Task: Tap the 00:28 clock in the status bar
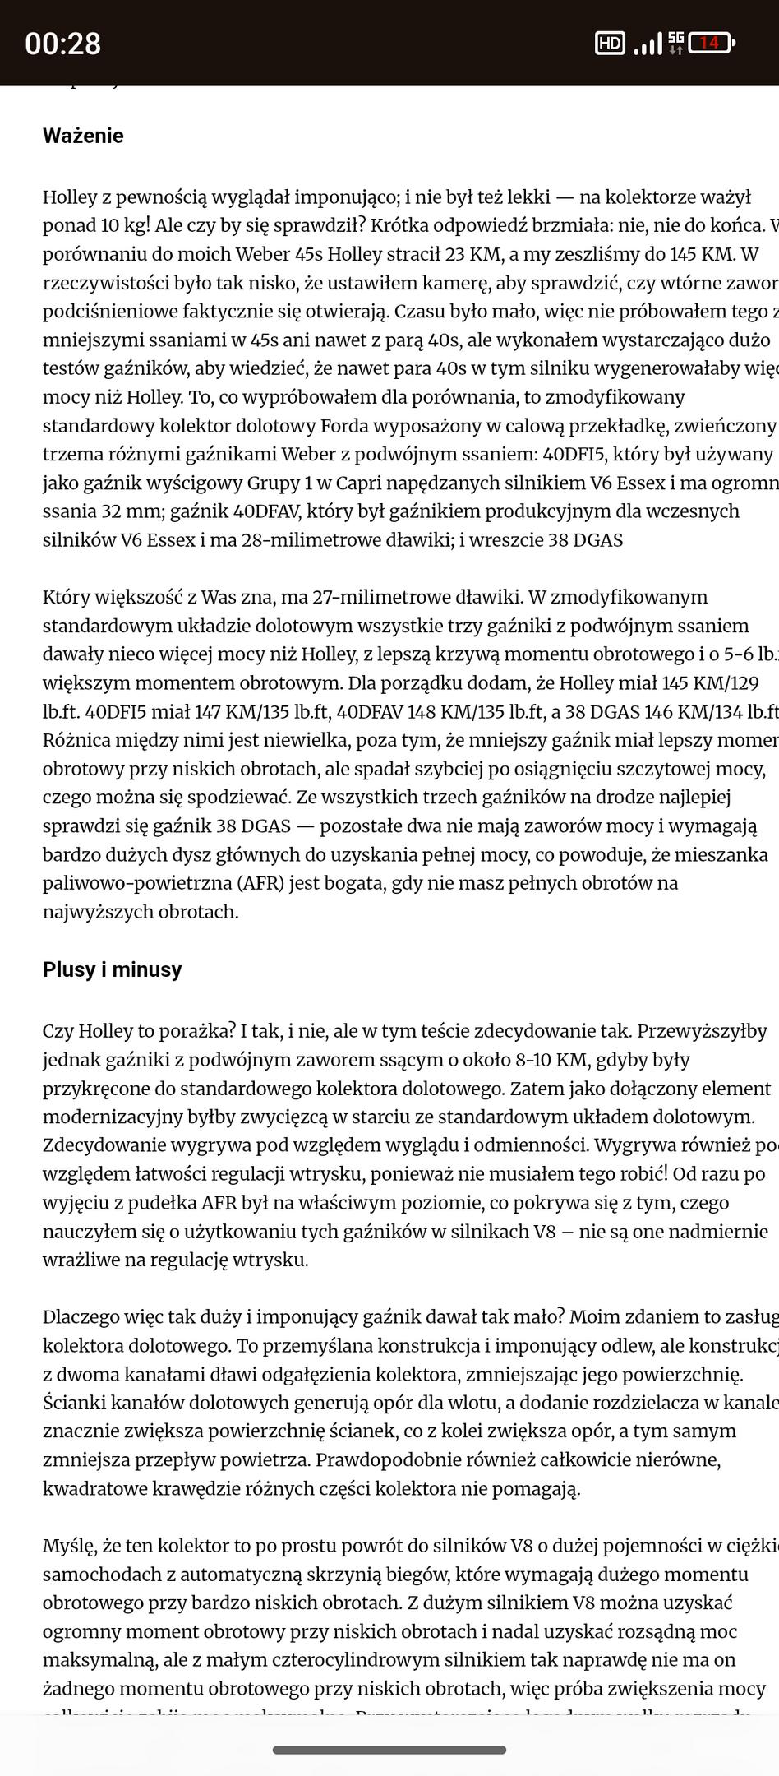coord(62,44)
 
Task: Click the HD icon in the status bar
coord(609,44)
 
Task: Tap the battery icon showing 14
coord(711,43)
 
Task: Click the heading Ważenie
coord(83,136)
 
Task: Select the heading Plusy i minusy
coord(112,969)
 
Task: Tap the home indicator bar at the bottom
coord(389,1750)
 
